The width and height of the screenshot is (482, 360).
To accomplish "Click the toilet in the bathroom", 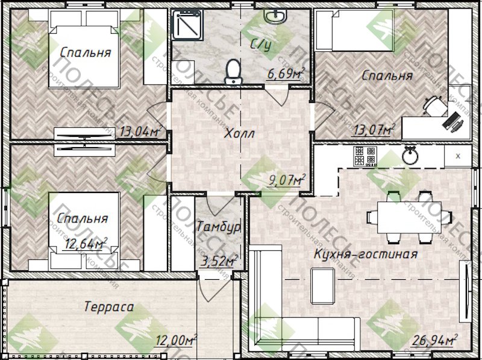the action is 233,72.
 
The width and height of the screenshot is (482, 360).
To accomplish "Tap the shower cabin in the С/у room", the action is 187,25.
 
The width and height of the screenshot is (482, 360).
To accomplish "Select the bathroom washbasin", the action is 276,16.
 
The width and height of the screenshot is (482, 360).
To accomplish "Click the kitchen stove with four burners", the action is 365,156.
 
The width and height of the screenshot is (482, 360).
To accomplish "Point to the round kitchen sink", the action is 410,156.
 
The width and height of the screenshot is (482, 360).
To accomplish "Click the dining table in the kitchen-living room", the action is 409,217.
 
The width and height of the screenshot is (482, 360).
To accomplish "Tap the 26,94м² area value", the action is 434,340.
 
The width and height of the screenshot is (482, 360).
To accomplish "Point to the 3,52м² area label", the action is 219,262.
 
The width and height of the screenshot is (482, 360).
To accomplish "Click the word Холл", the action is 239,134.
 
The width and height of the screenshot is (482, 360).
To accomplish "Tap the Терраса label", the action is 109,307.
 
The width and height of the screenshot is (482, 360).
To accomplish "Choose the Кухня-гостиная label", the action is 366,254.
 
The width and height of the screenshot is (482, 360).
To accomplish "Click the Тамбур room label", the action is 219,227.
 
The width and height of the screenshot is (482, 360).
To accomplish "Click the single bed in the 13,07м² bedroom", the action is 355,30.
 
